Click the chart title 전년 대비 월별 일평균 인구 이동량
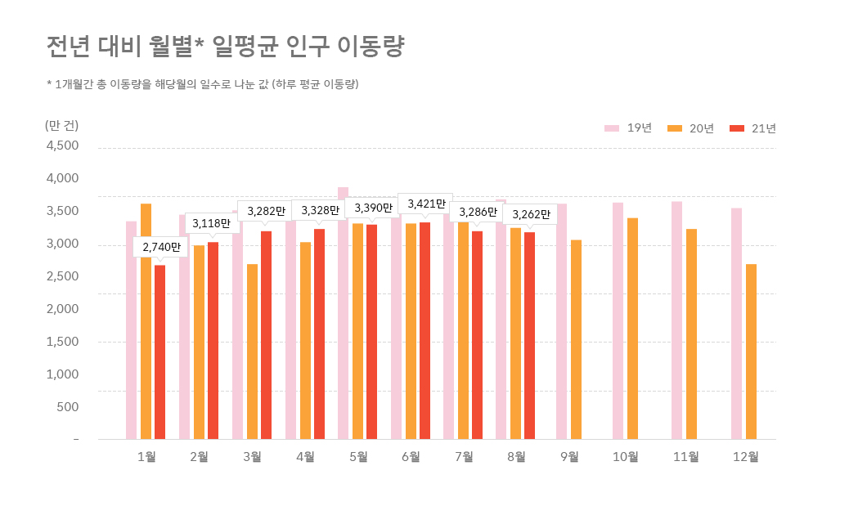tap(226, 47)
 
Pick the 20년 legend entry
tap(691, 128)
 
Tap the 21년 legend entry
tap(753, 128)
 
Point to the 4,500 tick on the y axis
tap(61, 146)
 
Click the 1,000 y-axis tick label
tap(61, 374)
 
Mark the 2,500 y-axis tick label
tap(61, 276)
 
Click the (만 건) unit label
tap(61, 125)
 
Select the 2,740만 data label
tap(161, 246)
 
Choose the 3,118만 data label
tap(212, 222)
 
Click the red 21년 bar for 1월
tap(160, 352)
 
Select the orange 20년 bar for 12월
tap(751, 352)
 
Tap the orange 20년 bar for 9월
tap(576, 339)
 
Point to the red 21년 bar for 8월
tap(530, 335)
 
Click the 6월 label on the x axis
tap(411, 457)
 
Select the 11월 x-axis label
tap(685, 457)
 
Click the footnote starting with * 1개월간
tap(204, 84)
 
